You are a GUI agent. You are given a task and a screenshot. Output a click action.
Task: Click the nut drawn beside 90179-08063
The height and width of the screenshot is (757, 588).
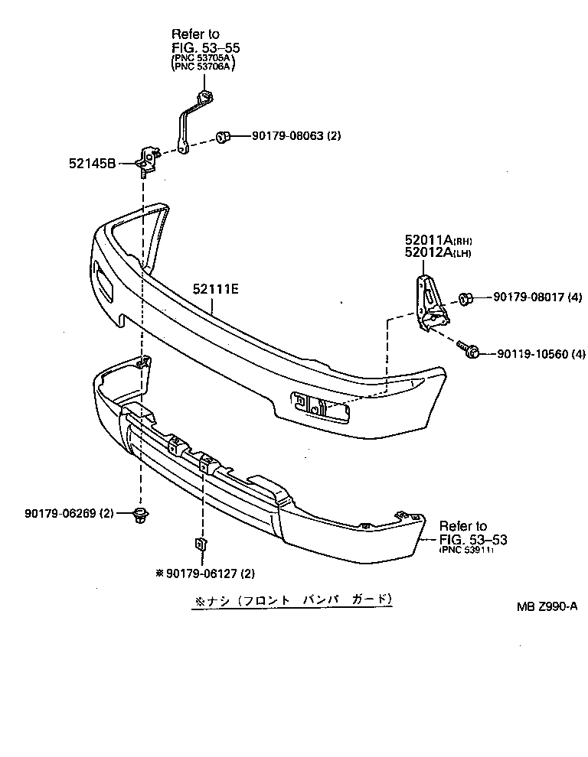(224, 137)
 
